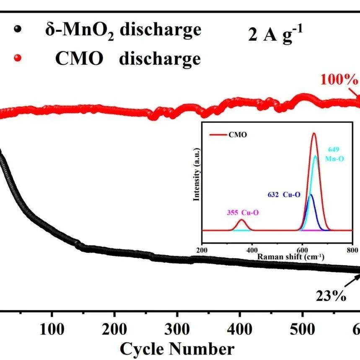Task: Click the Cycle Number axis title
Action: coord(177,349)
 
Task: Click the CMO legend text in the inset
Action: coord(238,135)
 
